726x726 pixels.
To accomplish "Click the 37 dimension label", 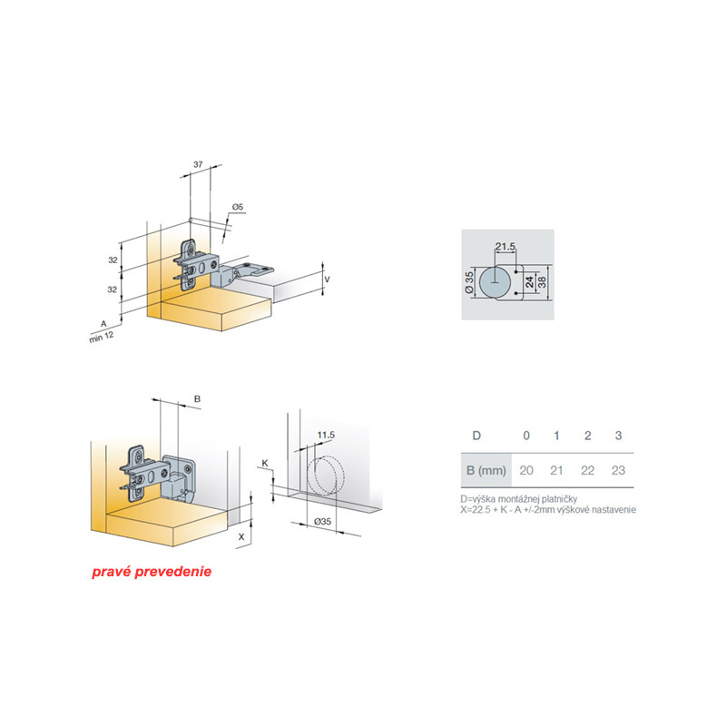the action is tap(198, 164).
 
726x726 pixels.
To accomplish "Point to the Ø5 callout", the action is tap(238, 207).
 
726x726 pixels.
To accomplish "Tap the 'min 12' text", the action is tap(102, 337).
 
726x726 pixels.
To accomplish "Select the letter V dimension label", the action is tap(327, 280).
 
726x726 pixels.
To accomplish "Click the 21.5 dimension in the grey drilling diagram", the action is tap(505, 246).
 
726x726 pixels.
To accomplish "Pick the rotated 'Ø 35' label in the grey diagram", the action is tap(469, 282).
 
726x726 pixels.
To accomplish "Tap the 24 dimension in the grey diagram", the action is tap(530, 282).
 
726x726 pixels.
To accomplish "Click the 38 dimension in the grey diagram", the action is tap(542, 282).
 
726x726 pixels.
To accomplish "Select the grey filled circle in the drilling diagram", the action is tap(495, 282).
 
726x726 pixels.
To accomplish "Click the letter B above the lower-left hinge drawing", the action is tap(197, 398).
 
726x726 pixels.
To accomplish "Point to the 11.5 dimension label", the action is tap(326, 436).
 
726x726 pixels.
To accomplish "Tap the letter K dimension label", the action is tap(265, 463).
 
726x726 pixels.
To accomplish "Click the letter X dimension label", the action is tap(241, 537).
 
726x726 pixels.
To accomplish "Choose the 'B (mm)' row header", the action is tap(486, 470).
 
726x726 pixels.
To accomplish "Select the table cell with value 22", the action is tap(587, 470).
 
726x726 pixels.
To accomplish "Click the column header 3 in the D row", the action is tap(618, 436).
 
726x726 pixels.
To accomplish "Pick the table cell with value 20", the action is tap(526, 470).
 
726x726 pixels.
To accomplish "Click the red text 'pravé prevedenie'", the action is tap(152, 572).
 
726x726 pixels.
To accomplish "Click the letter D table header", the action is tap(476, 436).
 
